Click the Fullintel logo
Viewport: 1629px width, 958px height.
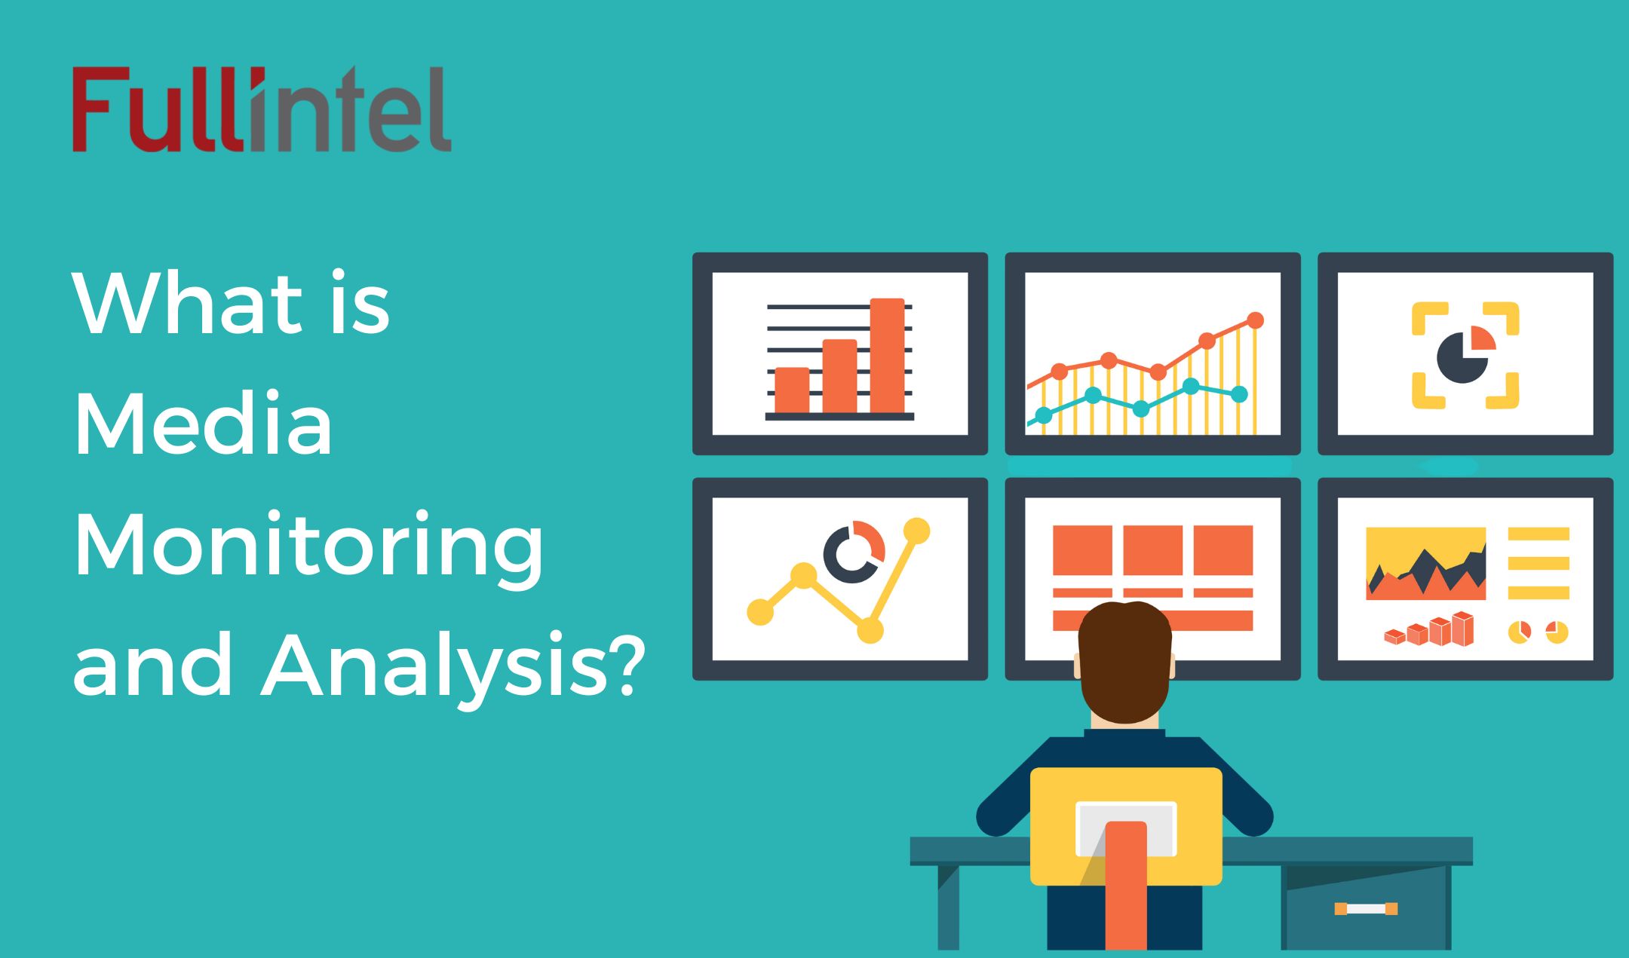[x=261, y=110]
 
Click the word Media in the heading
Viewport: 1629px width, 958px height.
[x=203, y=424]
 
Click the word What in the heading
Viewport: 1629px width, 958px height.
[x=188, y=303]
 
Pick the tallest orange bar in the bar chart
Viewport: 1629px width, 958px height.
[x=887, y=355]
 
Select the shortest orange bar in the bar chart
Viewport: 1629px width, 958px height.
[x=792, y=390]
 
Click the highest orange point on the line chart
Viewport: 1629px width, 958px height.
[x=1255, y=320]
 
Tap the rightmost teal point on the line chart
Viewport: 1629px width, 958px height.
[x=1238, y=393]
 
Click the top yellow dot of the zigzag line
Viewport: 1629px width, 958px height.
[x=916, y=531]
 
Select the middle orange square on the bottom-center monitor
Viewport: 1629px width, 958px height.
[x=1152, y=550]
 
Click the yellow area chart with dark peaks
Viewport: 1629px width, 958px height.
[x=1425, y=563]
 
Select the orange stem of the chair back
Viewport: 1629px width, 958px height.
[x=1126, y=886]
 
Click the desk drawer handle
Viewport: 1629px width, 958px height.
[x=1366, y=908]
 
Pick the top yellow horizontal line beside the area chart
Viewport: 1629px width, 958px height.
[x=1538, y=534]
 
